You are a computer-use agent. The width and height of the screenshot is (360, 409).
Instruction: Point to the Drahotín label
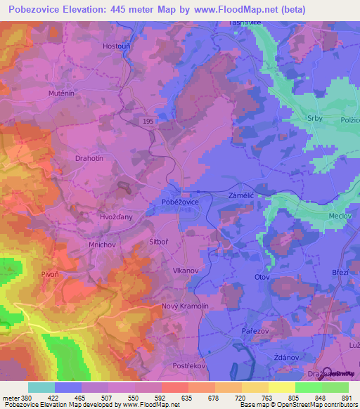point(89,159)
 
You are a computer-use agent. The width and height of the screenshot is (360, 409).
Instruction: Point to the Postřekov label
point(187,367)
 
